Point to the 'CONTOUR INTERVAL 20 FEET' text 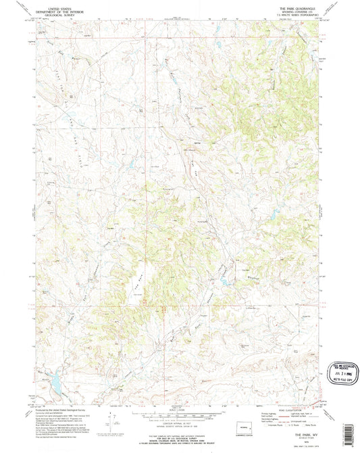(x=178, y=422)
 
